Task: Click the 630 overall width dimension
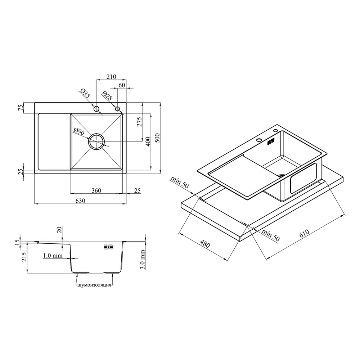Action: pos(80,201)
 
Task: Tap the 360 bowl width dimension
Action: pos(96,190)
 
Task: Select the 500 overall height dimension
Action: pos(158,138)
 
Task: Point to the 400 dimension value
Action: pos(148,141)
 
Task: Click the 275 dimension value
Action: pos(139,122)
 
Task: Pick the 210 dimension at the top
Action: pos(111,77)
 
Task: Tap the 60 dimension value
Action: pos(122,85)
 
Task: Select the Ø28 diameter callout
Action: pos(107,95)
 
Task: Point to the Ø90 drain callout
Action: pos(79,132)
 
